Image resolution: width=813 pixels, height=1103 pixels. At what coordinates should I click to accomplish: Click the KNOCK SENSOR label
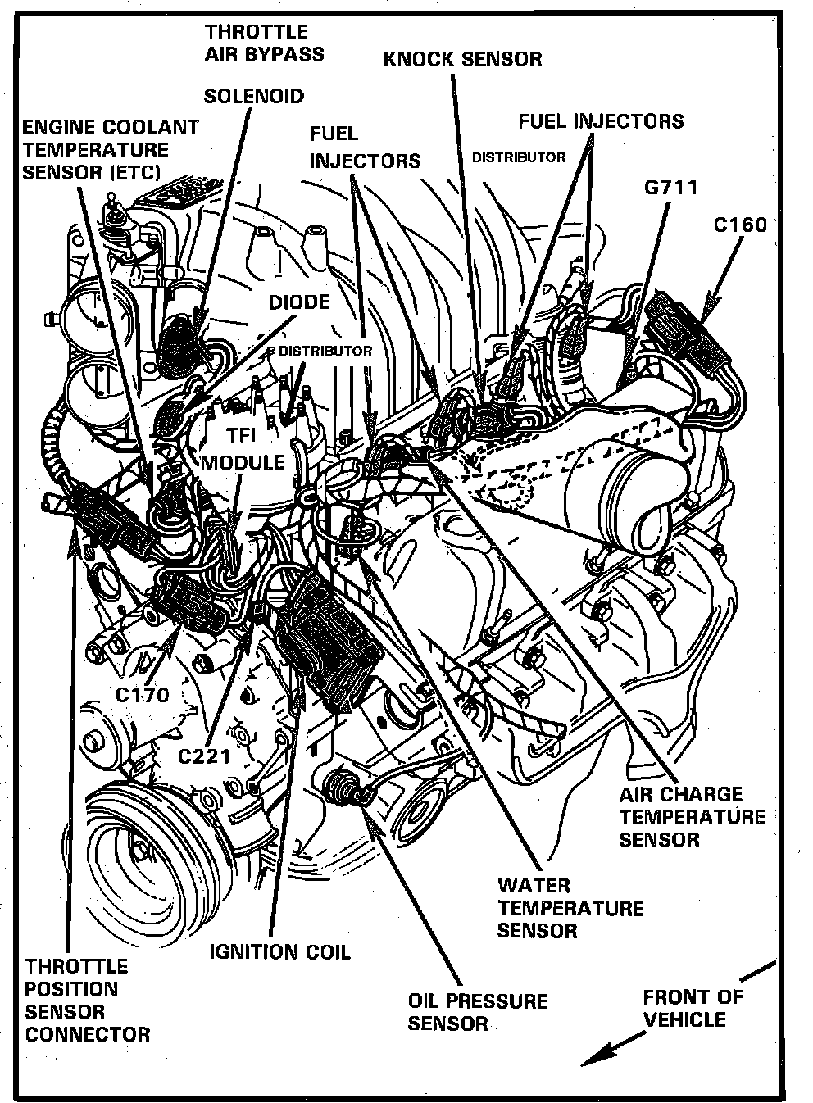coord(463,59)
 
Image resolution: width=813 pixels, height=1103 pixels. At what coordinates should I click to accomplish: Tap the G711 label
coord(670,188)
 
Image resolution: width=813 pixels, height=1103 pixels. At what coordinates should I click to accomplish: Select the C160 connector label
coord(740,224)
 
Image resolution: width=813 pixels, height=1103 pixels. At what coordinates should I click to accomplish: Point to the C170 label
coord(142,696)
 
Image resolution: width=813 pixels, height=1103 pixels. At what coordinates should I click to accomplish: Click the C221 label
coord(204,755)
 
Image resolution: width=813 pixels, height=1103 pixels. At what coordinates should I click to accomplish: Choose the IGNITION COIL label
coord(279,951)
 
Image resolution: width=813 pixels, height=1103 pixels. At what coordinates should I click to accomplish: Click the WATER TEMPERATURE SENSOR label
coord(570,908)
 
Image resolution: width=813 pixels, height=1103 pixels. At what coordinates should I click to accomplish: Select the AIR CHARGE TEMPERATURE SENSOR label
coord(692,816)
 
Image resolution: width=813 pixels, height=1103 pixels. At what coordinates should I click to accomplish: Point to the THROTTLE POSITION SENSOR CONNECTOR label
coord(87,1000)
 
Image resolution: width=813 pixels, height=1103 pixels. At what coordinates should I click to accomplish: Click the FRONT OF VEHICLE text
coord(693,1008)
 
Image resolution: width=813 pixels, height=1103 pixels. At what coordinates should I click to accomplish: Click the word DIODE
coord(299,302)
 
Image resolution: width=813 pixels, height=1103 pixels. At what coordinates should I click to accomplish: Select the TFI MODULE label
coord(243,449)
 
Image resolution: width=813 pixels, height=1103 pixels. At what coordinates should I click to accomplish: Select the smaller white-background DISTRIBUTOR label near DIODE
coord(325,351)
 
